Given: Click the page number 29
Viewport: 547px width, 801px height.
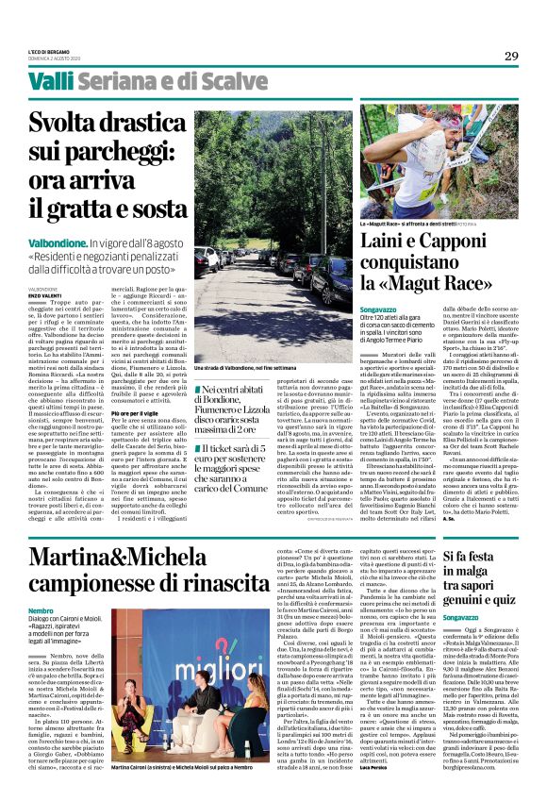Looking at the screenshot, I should tap(510, 56).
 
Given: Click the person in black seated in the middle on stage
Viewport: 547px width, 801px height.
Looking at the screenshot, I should tap(182, 709).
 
